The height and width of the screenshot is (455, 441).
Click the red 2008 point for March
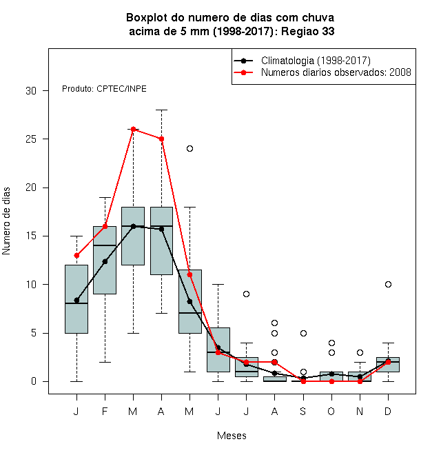pyautogui.click(x=133, y=129)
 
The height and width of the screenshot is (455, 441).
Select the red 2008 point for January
pyautogui.click(x=76, y=255)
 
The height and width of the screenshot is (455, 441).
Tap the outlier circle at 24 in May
pyautogui.click(x=189, y=149)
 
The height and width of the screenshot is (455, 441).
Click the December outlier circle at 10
pyautogui.click(x=388, y=284)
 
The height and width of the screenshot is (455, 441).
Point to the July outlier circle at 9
pyautogui.click(x=246, y=294)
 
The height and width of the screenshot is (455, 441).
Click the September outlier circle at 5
pyautogui.click(x=303, y=333)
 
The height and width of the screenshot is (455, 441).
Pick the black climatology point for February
pyautogui.click(x=105, y=261)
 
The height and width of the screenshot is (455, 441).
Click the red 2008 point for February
pyautogui.click(x=105, y=226)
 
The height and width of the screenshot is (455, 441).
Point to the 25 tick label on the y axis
pyautogui.click(x=31, y=139)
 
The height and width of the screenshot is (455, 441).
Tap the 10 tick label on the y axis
pyautogui.click(x=31, y=284)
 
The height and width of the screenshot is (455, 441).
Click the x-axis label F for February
pyautogui.click(x=105, y=411)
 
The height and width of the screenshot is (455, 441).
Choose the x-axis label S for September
pyautogui.click(x=303, y=411)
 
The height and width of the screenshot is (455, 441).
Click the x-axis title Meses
pyautogui.click(x=232, y=436)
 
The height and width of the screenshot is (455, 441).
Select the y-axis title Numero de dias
pyautogui.click(x=6, y=221)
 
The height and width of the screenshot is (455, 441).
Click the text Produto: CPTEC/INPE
pyautogui.click(x=104, y=89)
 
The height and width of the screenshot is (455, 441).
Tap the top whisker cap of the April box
pyautogui.click(x=162, y=110)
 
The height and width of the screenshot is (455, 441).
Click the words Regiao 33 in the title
pyautogui.click(x=308, y=31)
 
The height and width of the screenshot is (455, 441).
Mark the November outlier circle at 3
pyautogui.click(x=360, y=352)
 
